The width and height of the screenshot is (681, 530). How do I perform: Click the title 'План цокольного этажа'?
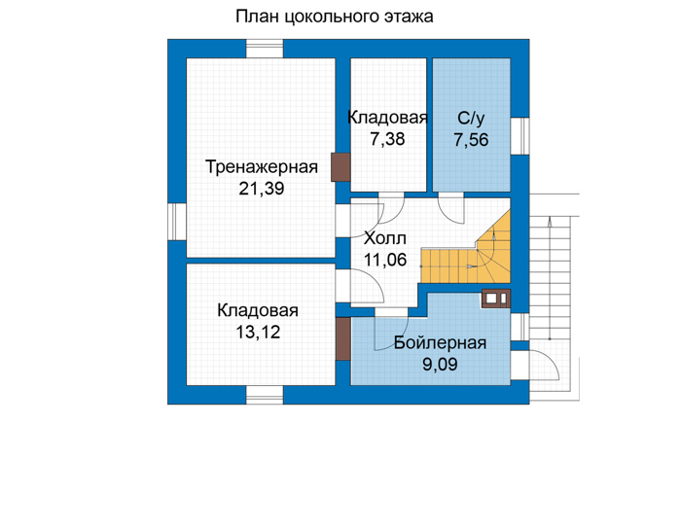(334, 17)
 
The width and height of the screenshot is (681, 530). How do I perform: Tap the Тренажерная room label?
(261, 167)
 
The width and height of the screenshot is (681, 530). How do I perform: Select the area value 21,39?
(262, 189)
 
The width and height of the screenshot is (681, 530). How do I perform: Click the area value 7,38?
(387, 139)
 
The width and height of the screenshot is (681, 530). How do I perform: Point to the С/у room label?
(471, 119)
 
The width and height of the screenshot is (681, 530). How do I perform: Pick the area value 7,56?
(471, 140)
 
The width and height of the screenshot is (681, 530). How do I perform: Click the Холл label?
(385, 238)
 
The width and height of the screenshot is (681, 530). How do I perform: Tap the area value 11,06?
(385, 260)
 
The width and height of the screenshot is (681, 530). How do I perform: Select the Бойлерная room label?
(440, 343)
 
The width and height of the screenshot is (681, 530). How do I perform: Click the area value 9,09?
(440, 364)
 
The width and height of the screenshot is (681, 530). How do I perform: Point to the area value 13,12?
(258, 332)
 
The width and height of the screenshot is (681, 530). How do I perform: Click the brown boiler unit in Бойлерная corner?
(495, 299)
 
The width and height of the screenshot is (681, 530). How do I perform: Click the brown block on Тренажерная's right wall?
(340, 167)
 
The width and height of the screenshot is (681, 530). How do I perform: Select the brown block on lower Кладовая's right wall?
(343, 338)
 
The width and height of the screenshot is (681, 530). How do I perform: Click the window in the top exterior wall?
(265, 49)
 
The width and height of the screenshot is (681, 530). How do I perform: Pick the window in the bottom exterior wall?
(265, 395)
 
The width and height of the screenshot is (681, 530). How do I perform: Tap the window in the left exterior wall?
(177, 222)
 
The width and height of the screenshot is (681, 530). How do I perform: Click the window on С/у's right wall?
(520, 136)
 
